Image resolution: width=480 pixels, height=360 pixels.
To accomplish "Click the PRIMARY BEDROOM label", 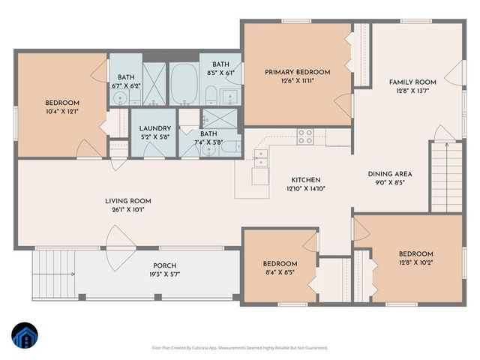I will coord(297,73).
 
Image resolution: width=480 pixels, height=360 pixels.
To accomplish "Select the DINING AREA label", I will coord(389,174).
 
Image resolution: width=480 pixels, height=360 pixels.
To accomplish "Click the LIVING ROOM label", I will coord(128,201).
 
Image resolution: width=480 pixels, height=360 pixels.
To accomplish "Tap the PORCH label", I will coord(164,265).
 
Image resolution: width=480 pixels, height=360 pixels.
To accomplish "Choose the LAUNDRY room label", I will coord(154,129).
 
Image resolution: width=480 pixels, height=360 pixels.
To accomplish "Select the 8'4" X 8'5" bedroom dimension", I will coord(280,272).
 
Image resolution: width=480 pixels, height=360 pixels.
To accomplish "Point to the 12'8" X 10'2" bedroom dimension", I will coord(415,262).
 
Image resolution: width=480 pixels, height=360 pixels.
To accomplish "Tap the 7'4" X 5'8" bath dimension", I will coord(208,142).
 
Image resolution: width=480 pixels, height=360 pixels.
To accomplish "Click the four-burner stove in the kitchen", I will coord(305,136).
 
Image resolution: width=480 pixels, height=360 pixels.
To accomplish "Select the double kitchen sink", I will coord(260,157).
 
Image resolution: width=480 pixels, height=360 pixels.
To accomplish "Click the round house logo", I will coord(25,335).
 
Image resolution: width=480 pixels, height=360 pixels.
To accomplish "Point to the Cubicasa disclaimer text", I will coord(240,348).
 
